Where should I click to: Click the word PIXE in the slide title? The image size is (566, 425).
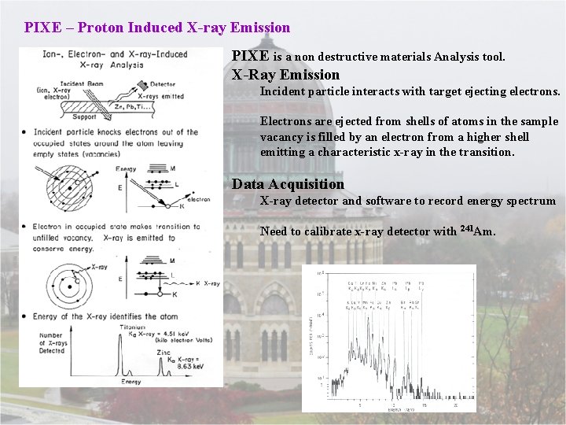point(40,28)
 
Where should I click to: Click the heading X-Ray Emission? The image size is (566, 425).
point(285,75)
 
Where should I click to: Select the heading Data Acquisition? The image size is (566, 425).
point(288,184)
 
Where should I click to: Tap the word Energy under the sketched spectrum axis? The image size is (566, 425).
point(131,382)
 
